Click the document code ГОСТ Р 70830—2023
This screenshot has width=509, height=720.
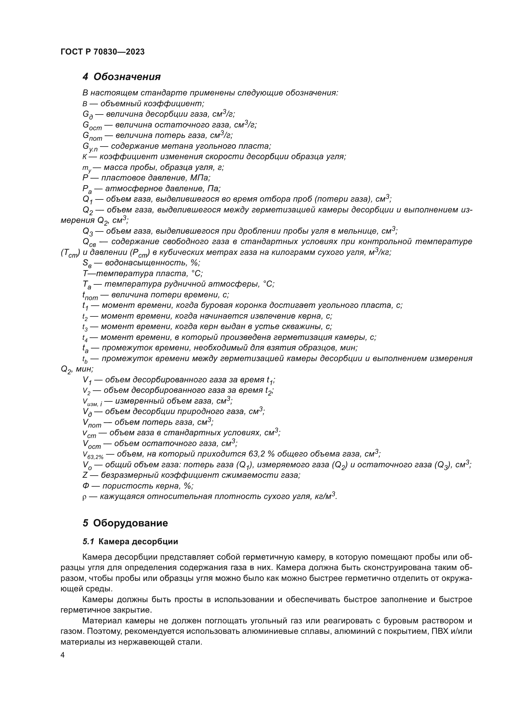click(102, 52)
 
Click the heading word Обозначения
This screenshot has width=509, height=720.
click(127, 77)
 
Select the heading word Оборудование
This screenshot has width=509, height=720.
click(130, 523)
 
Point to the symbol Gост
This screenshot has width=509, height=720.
click(92, 126)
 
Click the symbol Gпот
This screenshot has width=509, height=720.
click(92, 136)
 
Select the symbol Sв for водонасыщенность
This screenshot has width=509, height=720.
click(88, 263)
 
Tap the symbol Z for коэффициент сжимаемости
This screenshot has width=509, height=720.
click(85, 475)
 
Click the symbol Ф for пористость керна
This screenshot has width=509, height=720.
click(86, 486)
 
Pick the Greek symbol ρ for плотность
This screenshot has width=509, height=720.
click(84, 497)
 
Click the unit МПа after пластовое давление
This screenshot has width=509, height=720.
click(200, 178)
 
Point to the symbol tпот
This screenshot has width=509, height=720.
click(90, 296)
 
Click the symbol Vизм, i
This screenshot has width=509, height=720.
click(92, 402)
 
